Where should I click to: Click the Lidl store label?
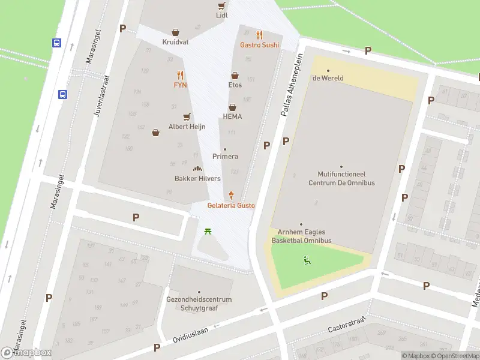tap(222, 16)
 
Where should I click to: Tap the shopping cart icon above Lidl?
tap(222, 5)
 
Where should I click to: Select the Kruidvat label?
tap(175, 42)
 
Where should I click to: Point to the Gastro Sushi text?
tap(259, 45)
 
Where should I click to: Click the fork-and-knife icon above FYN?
tap(181, 75)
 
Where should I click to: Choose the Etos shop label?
tap(235, 85)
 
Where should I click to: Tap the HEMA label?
tap(232, 116)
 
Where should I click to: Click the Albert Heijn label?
tap(187, 127)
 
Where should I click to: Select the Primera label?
tap(225, 157)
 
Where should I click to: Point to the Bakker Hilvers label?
tap(197, 179)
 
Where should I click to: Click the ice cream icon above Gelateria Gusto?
tap(231, 195)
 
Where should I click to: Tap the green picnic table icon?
tap(208, 230)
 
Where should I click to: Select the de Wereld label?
tap(328, 78)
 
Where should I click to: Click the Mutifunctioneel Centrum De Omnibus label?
tap(341, 179)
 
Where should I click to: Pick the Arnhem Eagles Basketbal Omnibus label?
tap(301, 236)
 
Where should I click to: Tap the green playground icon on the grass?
tap(307, 260)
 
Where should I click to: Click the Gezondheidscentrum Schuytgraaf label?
tap(199, 304)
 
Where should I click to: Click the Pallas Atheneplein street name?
tap(292, 83)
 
